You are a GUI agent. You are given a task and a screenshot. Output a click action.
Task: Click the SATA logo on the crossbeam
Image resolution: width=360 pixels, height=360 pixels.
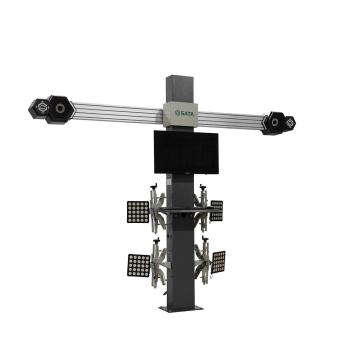click(x=183, y=117)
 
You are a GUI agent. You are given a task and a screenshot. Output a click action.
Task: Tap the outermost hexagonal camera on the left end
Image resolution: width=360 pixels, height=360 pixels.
click(x=38, y=106)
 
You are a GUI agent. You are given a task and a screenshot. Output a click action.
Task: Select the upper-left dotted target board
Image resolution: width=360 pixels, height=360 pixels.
click(x=139, y=212)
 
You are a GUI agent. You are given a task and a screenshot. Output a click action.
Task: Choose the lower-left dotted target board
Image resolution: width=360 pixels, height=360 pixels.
click(x=139, y=266)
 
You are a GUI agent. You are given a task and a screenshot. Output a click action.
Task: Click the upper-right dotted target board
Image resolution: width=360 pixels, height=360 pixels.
click(x=217, y=211)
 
